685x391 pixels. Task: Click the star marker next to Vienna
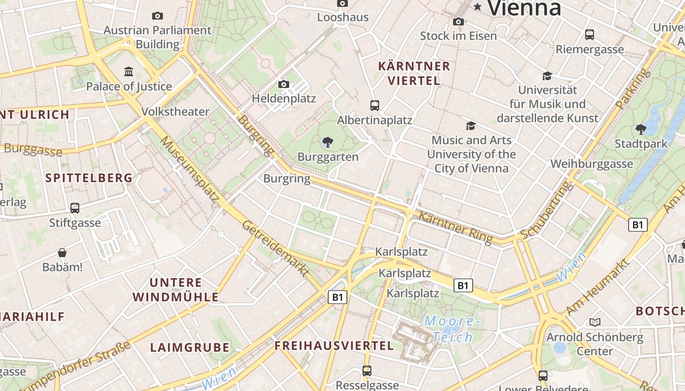[x=478, y=6]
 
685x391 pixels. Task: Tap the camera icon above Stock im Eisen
[x=458, y=22]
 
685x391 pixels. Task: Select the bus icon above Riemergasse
[x=590, y=35]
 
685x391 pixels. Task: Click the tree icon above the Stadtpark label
[x=641, y=130]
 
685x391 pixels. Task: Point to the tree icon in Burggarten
[x=328, y=142]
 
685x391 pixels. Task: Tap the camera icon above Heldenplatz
[x=284, y=84]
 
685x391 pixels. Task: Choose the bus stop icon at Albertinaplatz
[x=375, y=105]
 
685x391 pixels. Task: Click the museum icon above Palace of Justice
[x=129, y=72]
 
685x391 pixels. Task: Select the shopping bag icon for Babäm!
[x=62, y=253]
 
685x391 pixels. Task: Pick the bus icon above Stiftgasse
[x=75, y=208]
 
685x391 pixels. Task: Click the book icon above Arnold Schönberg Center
[x=594, y=322]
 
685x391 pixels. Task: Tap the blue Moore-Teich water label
[x=450, y=329]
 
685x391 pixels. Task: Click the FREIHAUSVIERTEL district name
[x=334, y=346]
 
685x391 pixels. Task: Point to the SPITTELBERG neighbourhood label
[x=89, y=178]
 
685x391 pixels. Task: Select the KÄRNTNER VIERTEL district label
[x=414, y=73]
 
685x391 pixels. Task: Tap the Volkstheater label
[x=175, y=111]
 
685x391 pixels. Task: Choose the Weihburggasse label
[x=592, y=164]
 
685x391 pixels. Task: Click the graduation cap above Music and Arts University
[x=471, y=126]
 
